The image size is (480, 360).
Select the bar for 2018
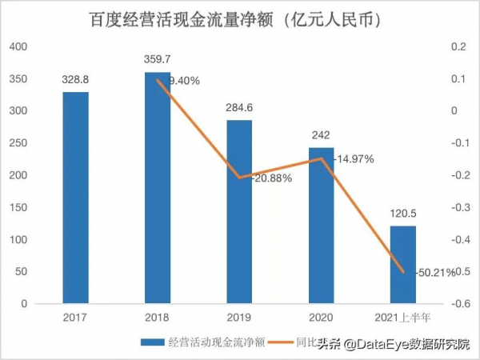coord(158,188)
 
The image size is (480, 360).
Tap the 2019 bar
coord(239,212)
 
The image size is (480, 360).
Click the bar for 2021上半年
coord(403,265)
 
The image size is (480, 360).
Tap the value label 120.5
coord(403,215)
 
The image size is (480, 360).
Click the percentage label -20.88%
coord(271,178)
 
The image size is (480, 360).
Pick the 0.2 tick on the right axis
coord(457,46)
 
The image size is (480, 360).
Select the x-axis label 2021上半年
coord(403,318)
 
